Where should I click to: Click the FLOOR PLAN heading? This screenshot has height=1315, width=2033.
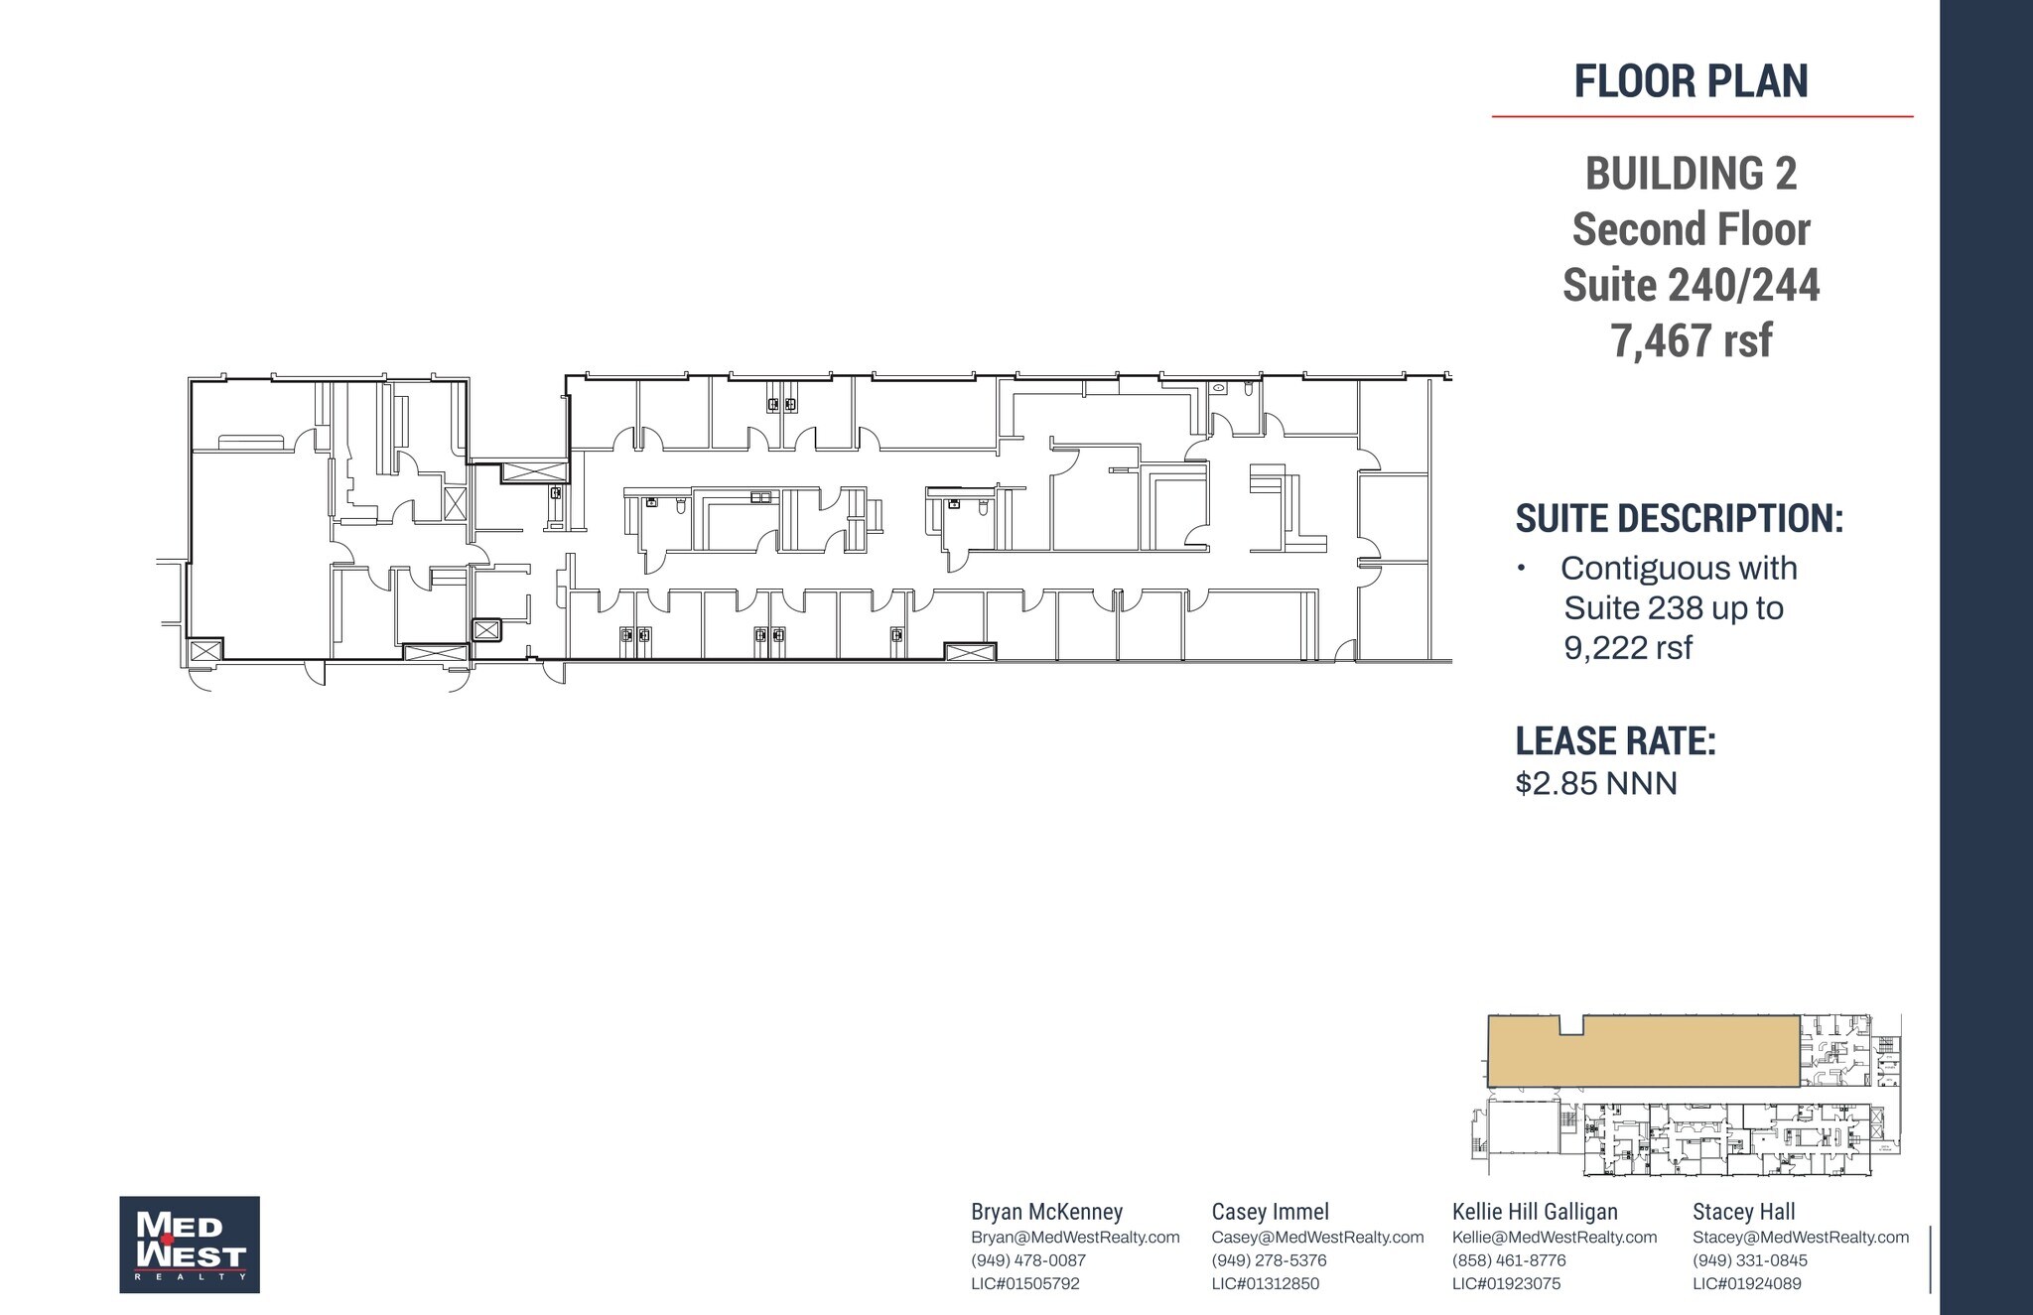[x=1691, y=80]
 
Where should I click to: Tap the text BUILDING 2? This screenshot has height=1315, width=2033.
[x=1691, y=174]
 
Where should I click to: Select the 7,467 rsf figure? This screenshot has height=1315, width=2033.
[x=1691, y=340]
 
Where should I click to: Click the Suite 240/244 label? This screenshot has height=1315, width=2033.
[x=1691, y=285]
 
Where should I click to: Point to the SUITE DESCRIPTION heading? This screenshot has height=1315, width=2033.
[x=1679, y=518]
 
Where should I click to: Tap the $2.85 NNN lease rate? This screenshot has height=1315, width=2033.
[x=1596, y=783]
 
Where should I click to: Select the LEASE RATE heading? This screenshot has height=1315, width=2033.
[x=1615, y=741]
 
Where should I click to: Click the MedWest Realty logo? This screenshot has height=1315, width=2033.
[x=190, y=1245]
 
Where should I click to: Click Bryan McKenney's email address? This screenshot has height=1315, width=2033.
[x=1075, y=1238]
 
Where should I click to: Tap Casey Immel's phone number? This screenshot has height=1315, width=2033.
[x=1269, y=1260]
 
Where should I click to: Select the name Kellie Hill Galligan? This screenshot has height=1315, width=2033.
[x=1535, y=1212]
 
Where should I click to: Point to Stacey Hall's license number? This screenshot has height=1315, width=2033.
[x=1746, y=1283]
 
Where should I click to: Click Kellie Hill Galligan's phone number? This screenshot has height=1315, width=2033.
[x=1509, y=1260]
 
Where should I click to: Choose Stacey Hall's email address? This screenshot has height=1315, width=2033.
[x=1801, y=1238]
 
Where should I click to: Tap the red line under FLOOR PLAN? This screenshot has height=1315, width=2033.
[x=1701, y=116]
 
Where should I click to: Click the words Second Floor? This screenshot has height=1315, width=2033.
[x=1691, y=229]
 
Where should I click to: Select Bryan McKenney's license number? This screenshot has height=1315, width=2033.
[x=1024, y=1283]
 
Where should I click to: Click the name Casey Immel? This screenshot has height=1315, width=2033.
[x=1270, y=1212]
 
